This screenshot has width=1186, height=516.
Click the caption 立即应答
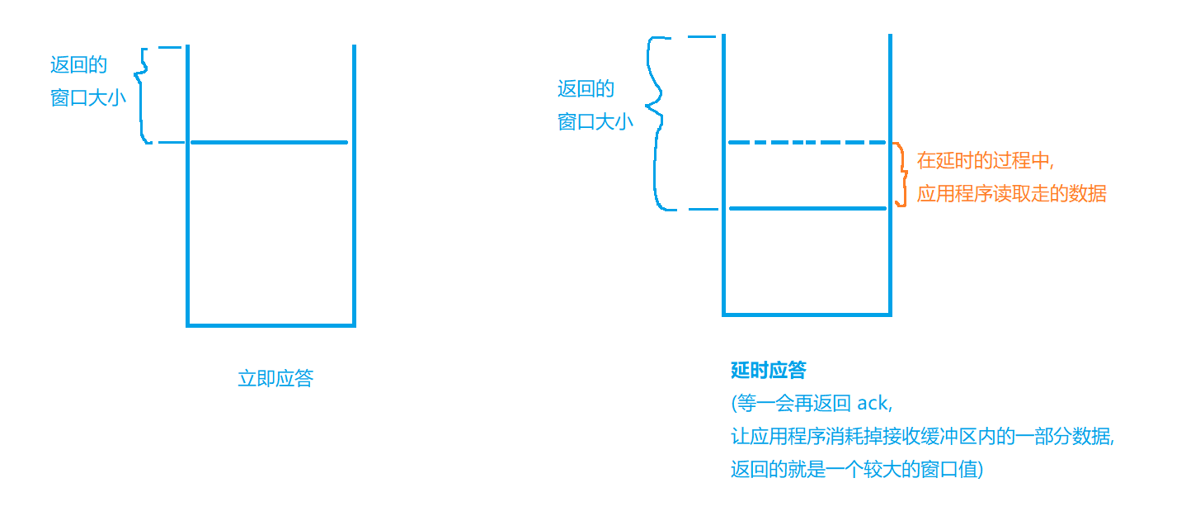[x=275, y=379]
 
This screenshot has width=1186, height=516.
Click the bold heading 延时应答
[x=769, y=371]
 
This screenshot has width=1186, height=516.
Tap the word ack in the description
[x=873, y=404]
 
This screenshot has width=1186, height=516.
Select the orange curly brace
[x=901, y=174]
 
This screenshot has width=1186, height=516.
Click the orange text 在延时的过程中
[x=985, y=160]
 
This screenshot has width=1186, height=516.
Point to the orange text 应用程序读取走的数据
[x=1011, y=194]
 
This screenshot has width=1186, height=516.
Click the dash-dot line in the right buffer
[x=806, y=143]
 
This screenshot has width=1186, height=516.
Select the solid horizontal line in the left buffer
[x=270, y=142]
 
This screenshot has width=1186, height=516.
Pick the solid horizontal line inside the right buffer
[x=807, y=208]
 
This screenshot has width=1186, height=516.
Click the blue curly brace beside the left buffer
[x=142, y=95]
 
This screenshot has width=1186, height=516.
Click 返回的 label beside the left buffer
[x=78, y=65]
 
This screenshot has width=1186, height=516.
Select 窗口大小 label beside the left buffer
[x=88, y=98]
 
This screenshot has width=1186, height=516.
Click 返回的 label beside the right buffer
[x=586, y=89]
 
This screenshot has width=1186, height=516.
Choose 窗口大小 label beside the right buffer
[x=595, y=122]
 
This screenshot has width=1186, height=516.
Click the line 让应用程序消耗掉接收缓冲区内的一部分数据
[x=922, y=437]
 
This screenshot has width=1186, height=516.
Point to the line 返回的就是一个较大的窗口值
[x=856, y=470]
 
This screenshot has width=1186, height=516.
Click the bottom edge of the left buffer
[x=271, y=325]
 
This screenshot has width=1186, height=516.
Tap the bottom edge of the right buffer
[x=807, y=314]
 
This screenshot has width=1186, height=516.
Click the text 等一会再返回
[x=792, y=404]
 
